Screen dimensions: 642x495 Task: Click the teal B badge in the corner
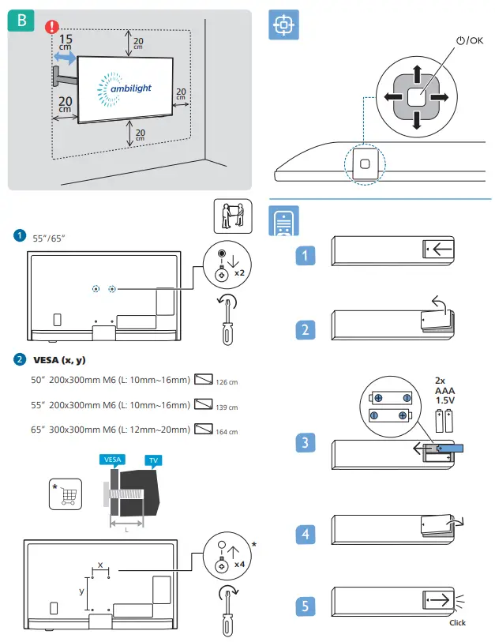click(21, 21)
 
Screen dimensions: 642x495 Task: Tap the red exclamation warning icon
click(51, 28)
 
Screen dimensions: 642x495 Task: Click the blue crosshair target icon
click(283, 24)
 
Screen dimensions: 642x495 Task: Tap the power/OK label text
click(468, 41)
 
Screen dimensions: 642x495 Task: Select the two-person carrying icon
click(232, 215)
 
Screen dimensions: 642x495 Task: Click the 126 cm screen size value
click(227, 383)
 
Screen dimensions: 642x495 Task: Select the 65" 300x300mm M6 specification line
click(110, 430)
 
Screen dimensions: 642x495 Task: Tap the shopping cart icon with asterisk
click(65, 495)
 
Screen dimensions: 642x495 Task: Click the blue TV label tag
click(151, 460)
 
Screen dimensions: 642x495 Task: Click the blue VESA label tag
click(113, 460)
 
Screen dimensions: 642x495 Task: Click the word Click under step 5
click(457, 622)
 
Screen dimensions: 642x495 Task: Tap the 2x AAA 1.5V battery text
click(444, 391)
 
